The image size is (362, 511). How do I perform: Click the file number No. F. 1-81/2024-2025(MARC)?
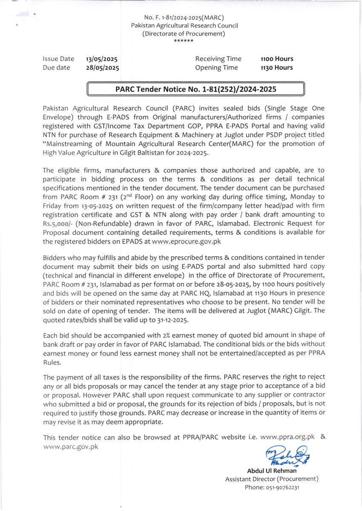184,17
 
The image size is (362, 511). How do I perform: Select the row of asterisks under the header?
184,41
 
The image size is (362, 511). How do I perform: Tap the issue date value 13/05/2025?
102,59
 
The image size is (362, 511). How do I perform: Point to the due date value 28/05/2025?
102,67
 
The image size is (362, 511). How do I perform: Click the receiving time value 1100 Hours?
277,59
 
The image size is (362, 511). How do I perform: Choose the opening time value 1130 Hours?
277,67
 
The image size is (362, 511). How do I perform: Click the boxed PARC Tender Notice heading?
196,89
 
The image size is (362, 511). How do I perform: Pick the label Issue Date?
58,59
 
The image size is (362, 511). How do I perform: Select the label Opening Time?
216,67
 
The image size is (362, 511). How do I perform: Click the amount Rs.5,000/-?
58,224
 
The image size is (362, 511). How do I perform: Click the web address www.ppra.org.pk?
287,437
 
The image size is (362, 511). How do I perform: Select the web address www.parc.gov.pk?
71,446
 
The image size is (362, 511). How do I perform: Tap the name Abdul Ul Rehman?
272,471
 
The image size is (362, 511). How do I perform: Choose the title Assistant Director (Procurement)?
272,479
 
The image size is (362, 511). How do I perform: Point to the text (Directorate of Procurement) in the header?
184,34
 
